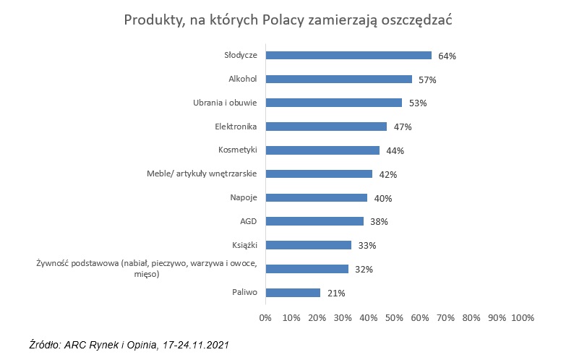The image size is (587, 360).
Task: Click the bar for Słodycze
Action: click(x=348, y=55)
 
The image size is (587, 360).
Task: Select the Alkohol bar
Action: click(x=339, y=79)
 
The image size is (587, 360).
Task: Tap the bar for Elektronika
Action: click(x=326, y=127)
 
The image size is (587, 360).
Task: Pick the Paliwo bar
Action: click(x=293, y=293)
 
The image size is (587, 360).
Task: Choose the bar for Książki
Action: click(x=308, y=245)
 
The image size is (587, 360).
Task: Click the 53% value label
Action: click(x=418, y=103)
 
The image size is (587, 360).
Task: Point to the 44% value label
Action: click(x=395, y=150)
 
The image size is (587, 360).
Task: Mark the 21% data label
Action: click(x=336, y=293)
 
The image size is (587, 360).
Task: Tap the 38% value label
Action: click(x=379, y=222)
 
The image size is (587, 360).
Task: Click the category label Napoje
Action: click(x=244, y=197)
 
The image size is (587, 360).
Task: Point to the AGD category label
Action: click(x=249, y=221)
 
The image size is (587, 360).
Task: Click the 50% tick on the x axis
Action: click(x=394, y=317)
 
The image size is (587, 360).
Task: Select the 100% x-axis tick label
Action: click(x=522, y=317)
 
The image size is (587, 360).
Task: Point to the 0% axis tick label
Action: click(x=265, y=317)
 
